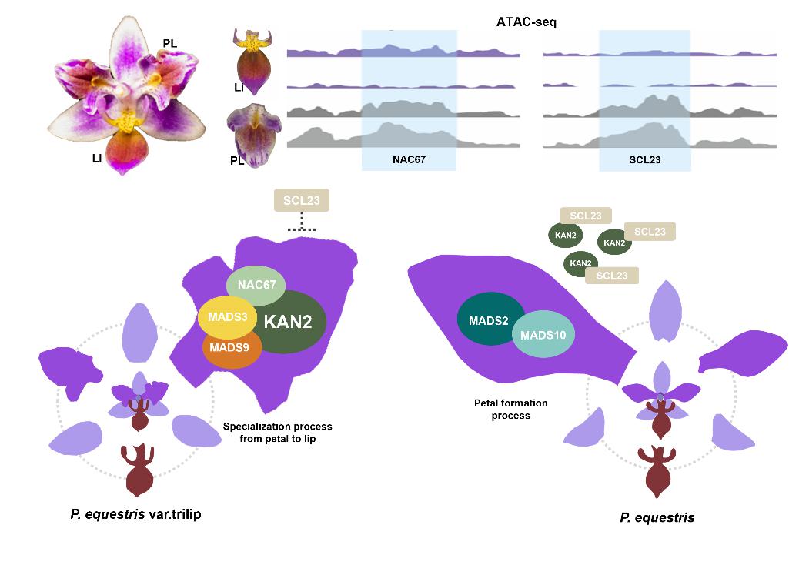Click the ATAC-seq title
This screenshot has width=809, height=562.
tap(527, 22)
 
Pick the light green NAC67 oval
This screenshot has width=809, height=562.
tap(256, 286)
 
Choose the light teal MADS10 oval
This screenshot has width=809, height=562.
tap(544, 335)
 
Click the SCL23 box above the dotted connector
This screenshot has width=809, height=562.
tap(302, 201)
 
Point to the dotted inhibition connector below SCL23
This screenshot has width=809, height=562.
tap(302, 224)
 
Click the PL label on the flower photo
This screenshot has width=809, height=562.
tap(169, 44)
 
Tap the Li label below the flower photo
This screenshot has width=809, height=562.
tap(97, 158)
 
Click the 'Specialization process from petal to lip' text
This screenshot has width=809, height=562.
tap(278, 432)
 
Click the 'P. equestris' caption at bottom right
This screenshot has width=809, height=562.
tap(657, 518)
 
